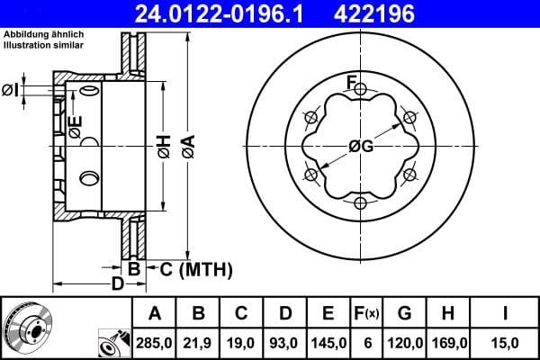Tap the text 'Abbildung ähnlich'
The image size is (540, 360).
click(x=44, y=33)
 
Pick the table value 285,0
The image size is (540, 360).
click(x=154, y=342)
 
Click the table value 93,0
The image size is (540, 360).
click(x=284, y=342)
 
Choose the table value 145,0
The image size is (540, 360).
click(x=328, y=342)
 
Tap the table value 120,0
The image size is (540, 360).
click(x=405, y=342)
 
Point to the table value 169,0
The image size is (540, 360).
click(x=448, y=342)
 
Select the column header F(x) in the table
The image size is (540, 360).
click(x=366, y=313)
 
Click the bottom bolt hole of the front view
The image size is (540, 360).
click(x=360, y=202)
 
